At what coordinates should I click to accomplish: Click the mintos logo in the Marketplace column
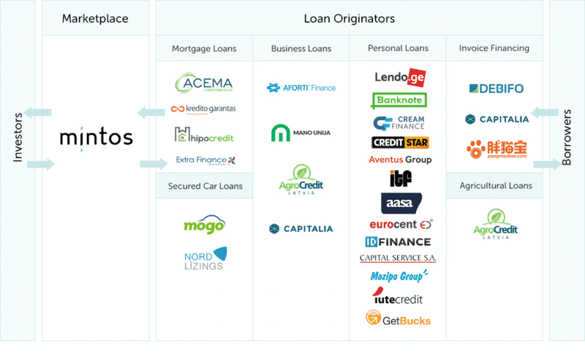click(96, 137)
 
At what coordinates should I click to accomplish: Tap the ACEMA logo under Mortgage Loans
click(204, 85)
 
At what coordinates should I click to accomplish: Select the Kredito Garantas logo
click(203, 110)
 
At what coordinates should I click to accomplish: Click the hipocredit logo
click(204, 135)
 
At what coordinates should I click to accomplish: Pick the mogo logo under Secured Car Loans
click(204, 225)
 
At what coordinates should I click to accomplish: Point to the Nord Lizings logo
click(204, 258)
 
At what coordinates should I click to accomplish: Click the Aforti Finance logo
click(301, 88)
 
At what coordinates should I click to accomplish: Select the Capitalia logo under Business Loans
click(301, 229)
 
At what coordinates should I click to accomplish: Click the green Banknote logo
click(399, 100)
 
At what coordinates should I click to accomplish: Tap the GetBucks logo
click(398, 319)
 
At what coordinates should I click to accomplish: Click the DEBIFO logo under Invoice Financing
click(496, 89)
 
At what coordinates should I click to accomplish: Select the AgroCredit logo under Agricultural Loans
click(496, 223)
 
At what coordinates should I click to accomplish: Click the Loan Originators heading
click(349, 18)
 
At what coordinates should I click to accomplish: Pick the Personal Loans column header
click(398, 49)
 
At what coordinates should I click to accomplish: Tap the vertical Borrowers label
click(567, 137)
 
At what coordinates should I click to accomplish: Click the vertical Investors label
click(17, 137)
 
